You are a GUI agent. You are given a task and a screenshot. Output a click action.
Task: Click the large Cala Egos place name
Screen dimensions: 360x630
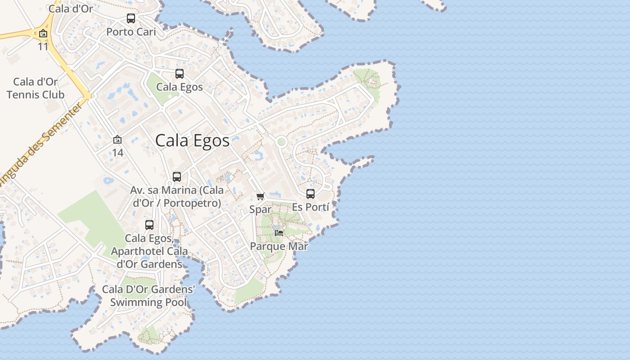[192, 140]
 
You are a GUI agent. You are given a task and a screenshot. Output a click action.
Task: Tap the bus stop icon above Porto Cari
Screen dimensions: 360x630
[131, 18]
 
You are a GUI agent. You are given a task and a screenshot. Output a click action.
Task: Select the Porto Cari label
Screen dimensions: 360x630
[131, 32]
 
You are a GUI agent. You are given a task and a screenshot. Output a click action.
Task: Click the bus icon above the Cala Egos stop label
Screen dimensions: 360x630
[180, 74]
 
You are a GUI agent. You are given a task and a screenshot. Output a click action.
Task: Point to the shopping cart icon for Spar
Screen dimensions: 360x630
[260, 196]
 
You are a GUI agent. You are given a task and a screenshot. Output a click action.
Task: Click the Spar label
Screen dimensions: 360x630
[260, 209]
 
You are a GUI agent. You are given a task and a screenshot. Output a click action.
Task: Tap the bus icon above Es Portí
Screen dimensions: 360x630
[310, 194]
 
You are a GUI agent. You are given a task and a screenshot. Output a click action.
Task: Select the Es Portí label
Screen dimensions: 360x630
[310, 207]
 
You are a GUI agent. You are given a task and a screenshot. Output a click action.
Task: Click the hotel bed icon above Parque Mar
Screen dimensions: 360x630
[279, 233]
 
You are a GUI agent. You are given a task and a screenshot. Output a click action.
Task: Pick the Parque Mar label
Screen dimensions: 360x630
[279, 246]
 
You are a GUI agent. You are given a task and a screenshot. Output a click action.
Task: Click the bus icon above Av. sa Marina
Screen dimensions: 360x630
[177, 177]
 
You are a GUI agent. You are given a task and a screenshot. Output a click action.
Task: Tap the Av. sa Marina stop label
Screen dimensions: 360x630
[177, 197]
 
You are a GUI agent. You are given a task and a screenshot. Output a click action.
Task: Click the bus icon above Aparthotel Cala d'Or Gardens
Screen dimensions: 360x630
[149, 225]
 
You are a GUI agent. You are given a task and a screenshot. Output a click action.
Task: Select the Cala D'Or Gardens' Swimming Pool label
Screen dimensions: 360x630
[148, 296]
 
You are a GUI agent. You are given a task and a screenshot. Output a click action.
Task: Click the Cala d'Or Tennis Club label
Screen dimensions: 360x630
[36, 88]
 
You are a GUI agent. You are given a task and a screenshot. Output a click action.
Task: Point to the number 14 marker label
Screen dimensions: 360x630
[117, 153]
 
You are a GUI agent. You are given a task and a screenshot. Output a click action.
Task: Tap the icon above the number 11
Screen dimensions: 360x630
[43, 34]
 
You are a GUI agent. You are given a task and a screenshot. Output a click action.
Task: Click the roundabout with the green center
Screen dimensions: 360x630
[281, 142]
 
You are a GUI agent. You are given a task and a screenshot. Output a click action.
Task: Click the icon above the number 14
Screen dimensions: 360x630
[117, 140]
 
